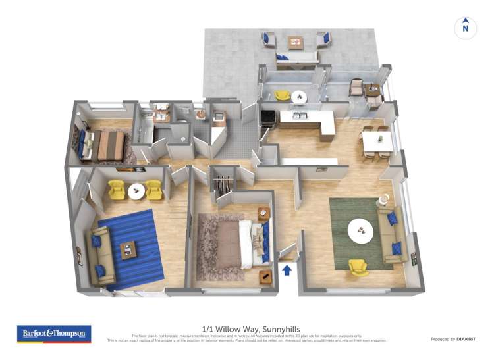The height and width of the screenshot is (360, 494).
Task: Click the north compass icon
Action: [466, 28]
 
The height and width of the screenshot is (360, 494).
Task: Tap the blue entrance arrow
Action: [287, 269]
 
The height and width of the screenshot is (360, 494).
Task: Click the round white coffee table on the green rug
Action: [360, 230]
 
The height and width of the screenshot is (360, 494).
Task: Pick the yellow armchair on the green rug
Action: [358, 267]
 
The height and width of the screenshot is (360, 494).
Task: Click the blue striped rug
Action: [132, 249]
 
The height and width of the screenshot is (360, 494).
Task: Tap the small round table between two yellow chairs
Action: [136, 192]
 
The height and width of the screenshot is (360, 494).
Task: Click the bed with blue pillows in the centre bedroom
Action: [253, 240]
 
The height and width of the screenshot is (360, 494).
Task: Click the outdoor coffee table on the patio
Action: [296, 41]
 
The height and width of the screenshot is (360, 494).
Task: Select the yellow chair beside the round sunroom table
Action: [282, 96]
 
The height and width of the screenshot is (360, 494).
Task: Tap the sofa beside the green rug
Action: [390, 234]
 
